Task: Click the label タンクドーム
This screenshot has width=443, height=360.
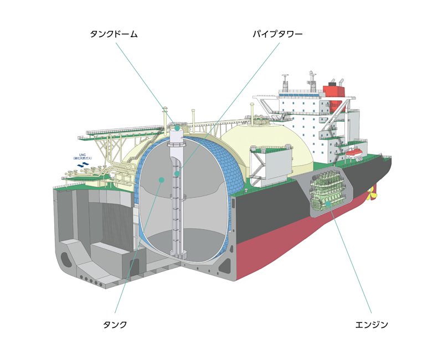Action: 114,34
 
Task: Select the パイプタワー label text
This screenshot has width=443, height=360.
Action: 277,34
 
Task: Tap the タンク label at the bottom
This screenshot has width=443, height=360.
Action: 115,325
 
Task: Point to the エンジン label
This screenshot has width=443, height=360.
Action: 372,325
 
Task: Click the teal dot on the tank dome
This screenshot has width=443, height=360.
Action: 177,128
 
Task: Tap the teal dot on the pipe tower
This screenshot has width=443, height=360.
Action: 177,174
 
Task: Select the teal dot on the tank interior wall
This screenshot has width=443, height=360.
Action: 161,179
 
